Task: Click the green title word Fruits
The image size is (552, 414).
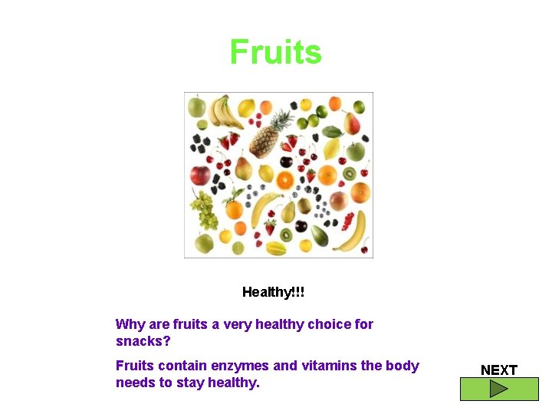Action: [276, 52]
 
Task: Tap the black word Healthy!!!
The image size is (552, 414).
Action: [273, 292]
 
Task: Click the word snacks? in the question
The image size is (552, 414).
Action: [143, 340]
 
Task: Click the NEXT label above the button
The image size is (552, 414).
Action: [499, 370]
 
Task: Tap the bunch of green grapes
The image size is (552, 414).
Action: [205, 210]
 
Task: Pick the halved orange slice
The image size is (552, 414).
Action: [284, 180]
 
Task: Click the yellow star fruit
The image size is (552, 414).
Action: [276, 248]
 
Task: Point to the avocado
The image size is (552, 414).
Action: [319, 235]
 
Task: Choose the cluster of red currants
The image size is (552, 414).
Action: [348, 221]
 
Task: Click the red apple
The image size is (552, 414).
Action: [200, 176]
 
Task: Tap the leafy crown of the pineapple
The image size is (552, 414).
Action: [282, 120]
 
